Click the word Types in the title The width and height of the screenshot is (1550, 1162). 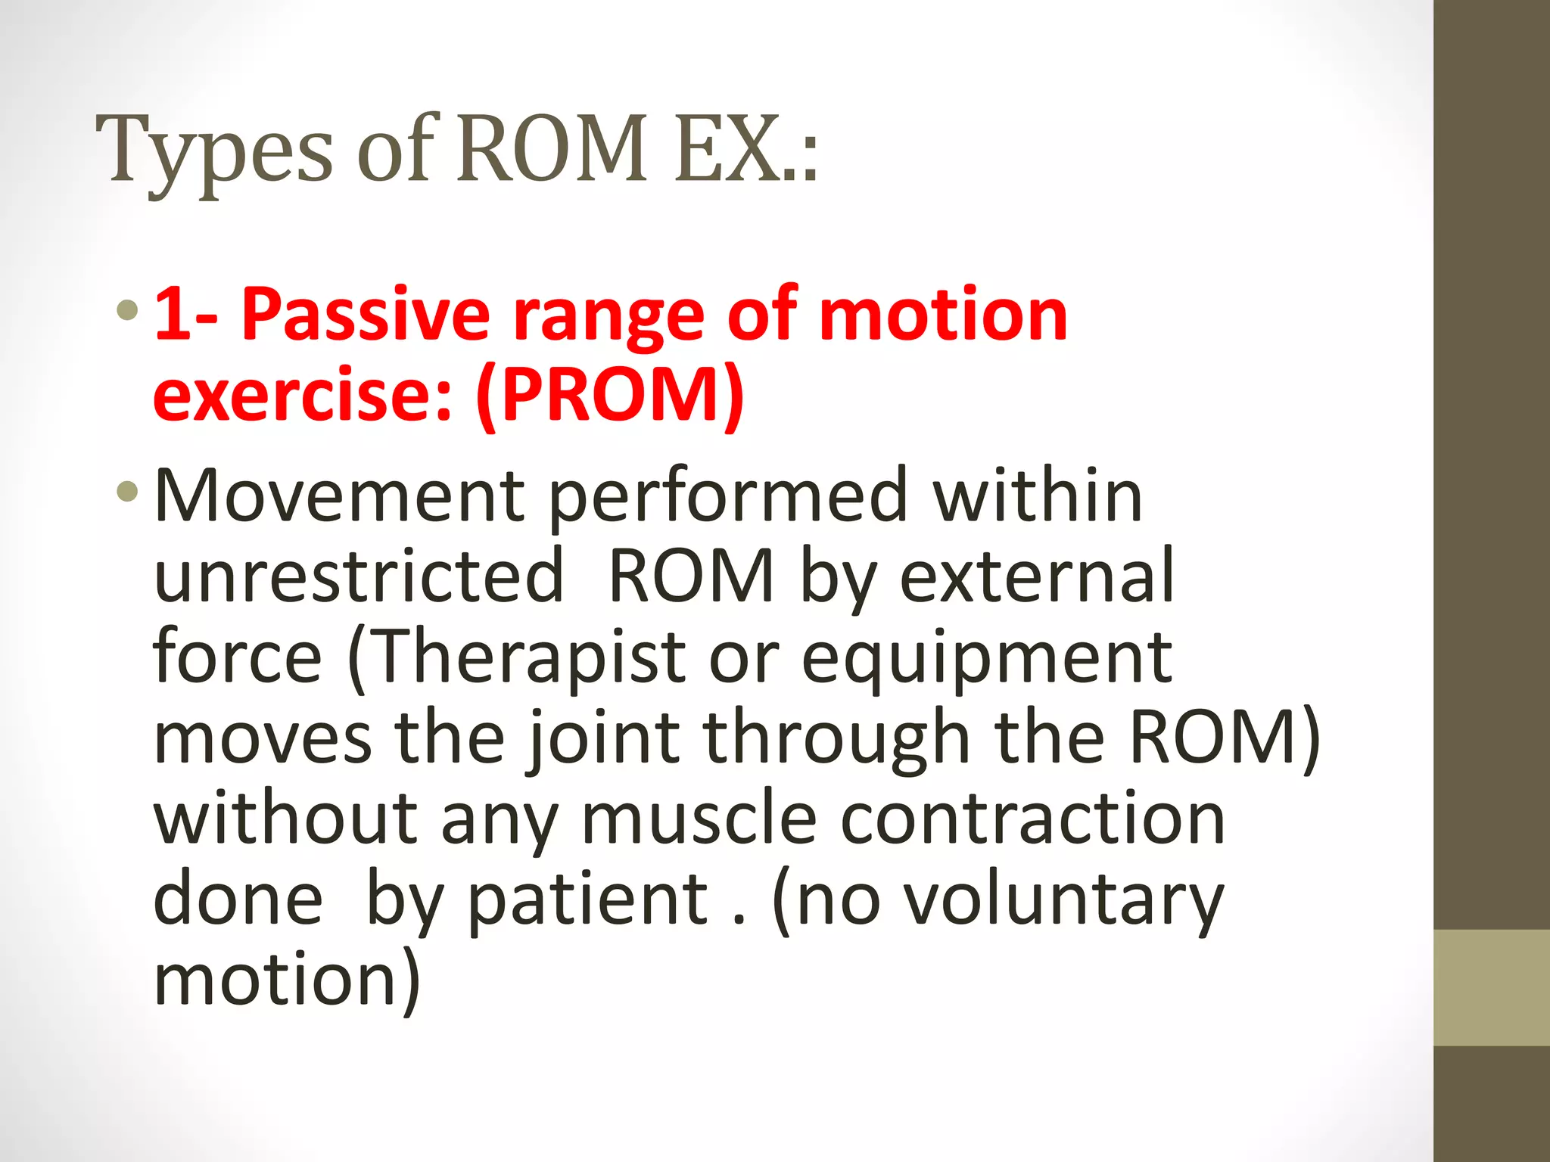coord(213,151)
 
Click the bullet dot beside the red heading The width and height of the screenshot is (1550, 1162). coord(128,309)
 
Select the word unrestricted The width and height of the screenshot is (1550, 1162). coord(359,576)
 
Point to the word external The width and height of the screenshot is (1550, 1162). coord(1037,576)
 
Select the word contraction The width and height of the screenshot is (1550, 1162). coord(1032,820)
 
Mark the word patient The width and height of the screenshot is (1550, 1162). coord(589,902)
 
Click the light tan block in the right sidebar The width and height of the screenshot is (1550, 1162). coord(1492,987)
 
